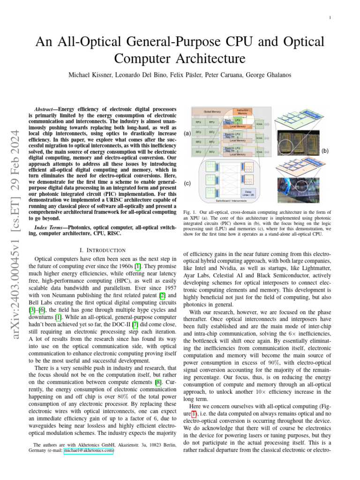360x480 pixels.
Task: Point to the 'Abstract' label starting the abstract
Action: click(x=48, y=107)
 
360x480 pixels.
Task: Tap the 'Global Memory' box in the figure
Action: click(x=212, y=112)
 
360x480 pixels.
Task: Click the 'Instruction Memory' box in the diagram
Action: click(x=242, y=112)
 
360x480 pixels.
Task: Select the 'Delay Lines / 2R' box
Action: click(x=248, y=192)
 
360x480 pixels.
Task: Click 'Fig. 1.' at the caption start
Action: click(x=188, y=213)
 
